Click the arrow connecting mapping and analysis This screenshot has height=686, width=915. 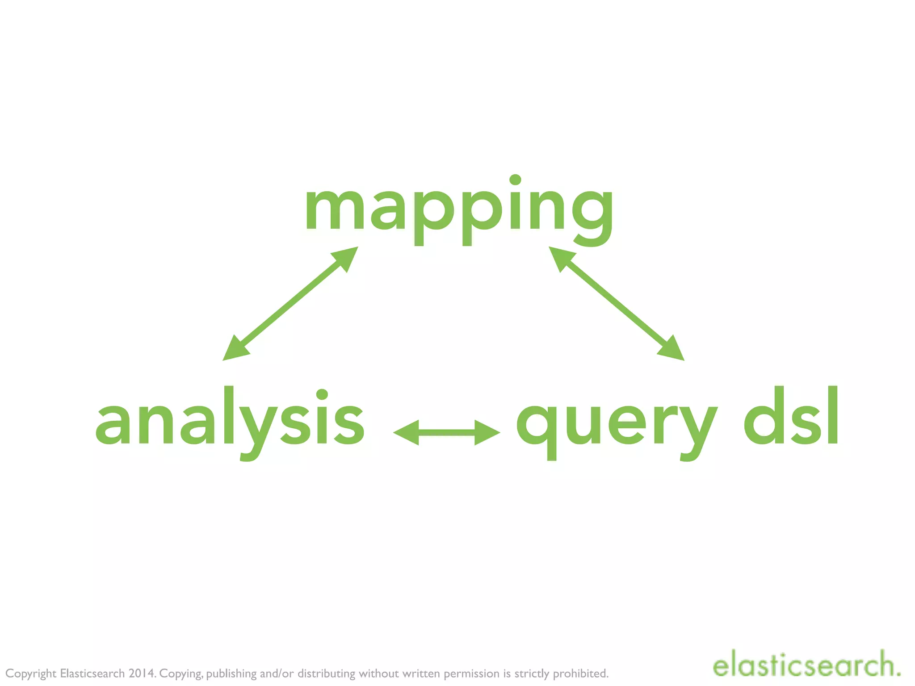(290, 303)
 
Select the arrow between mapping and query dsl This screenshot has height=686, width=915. (617, 303)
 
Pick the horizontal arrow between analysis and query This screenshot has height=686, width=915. (446, 432)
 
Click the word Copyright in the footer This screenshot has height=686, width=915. (31, 673)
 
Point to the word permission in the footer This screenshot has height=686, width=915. (471, 673)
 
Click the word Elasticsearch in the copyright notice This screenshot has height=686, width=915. (92, 673)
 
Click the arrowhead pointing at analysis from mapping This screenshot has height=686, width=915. (235, 350)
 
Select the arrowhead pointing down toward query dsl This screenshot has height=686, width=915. (672, 350)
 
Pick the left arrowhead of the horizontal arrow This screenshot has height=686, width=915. (406, 432)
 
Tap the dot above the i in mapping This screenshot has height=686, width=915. (515, 180)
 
